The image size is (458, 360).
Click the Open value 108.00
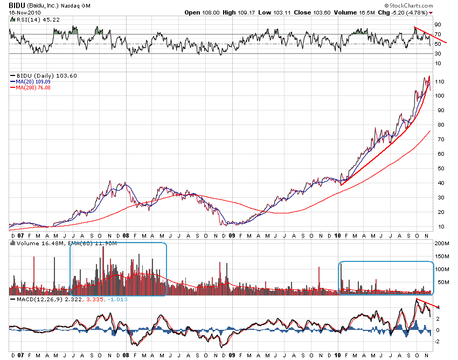[x=211, y=12]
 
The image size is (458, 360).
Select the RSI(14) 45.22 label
[x=30, y=20]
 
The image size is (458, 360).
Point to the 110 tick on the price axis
[x=440, y=81]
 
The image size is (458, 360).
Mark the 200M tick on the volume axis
[x=442, y=244]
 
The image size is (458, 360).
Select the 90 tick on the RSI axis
[x=438, y=25]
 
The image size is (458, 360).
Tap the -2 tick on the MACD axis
[x=438, y=341]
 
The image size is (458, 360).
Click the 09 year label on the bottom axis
[x=232, y=356]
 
